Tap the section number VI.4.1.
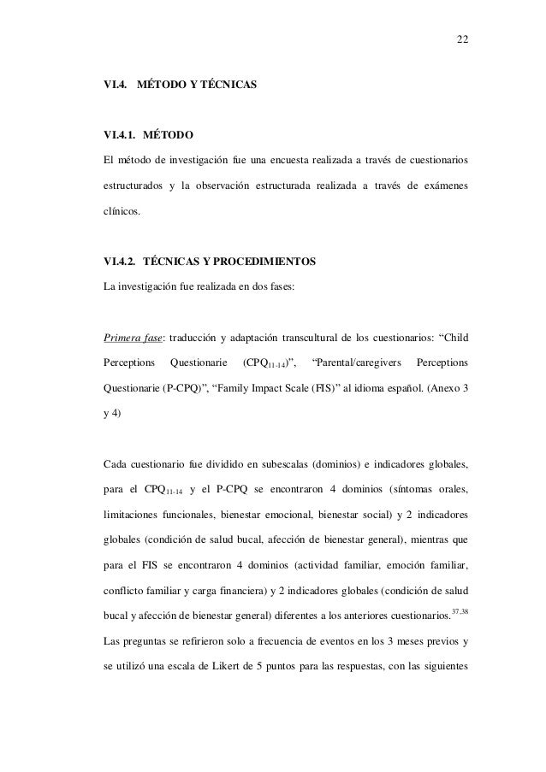[x=120, y=135]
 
